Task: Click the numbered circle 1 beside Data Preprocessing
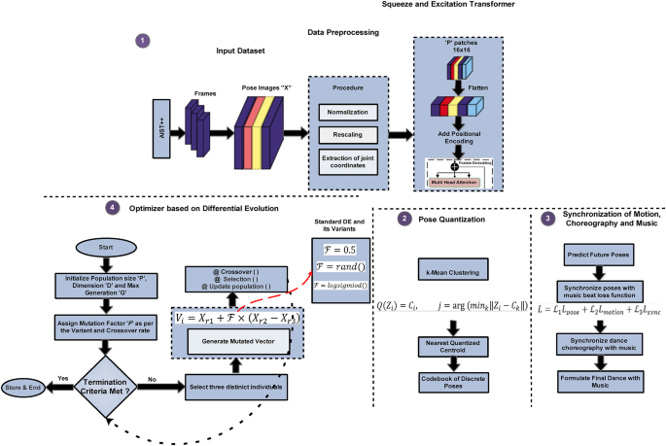click(x=143, y=41)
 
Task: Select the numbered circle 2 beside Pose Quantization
click(x=405, y=220)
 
